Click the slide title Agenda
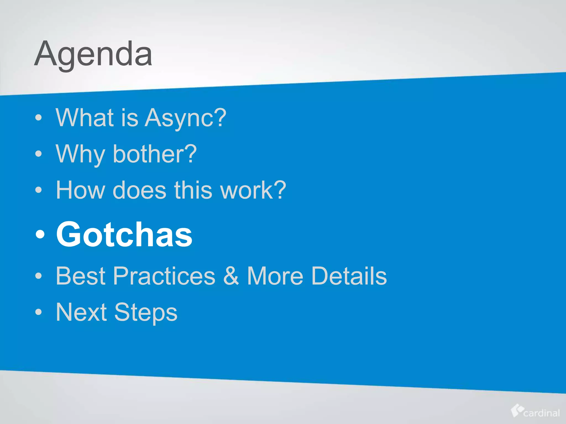tap(93, 54)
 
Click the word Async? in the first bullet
tap(185, 118)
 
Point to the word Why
tap(80, 155)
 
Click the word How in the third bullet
tap(80, 190)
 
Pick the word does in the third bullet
tap(140, 190)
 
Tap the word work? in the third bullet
tap(253, 190)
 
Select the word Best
tap(80, 276)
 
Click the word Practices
tap(164, 276)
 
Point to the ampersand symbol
tap(231, 276)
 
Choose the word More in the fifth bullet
tap(275, 276)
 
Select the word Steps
tap(146, 313)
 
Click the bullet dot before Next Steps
tap(39, 312)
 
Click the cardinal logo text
tap(541, 413)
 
